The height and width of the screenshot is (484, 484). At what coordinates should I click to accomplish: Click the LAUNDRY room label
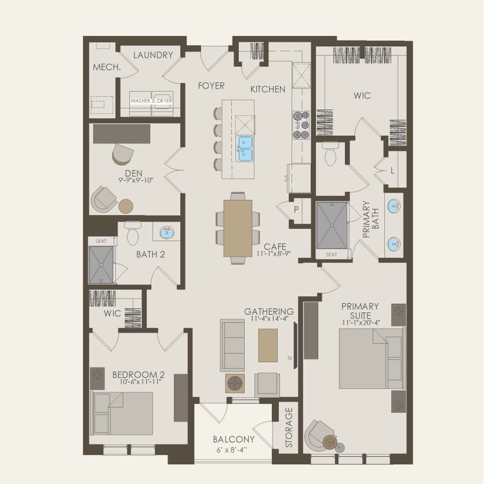pyautogui.click(x=153, y=55)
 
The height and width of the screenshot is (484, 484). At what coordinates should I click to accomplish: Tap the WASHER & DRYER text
pyautogui.click(x=151, y=101)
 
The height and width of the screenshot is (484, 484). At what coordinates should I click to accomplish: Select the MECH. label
pyautogui.click(x=107, y=67)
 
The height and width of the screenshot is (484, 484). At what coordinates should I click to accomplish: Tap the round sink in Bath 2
pyautogui.click(x=167, y=232)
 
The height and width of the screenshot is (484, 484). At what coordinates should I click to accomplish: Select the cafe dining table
pyautogui.click(x=238, y=228)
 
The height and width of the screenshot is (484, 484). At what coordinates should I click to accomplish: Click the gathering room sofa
pyautogui.click(x=231, y=345)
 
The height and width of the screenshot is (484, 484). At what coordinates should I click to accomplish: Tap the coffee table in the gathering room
pyautogui.click(x=268, y=345)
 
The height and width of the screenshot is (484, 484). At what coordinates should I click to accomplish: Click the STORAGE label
pyautogui.click(x=289, y=428)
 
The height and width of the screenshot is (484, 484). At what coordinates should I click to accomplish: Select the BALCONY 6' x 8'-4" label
pyautogui.click(x=234, y=443)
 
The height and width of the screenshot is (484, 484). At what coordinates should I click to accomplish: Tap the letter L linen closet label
pyautogui.click(x=392, y=172)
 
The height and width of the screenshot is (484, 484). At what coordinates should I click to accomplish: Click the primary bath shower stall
pyautogui.click(x=332, y=227)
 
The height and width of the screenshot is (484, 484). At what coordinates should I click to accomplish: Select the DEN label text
pyautogui.click(x=134, y=173)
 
